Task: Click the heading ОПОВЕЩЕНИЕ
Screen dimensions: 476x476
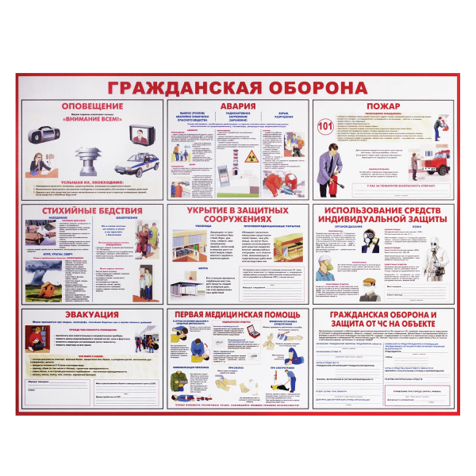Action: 93,106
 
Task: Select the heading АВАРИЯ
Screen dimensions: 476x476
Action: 238,106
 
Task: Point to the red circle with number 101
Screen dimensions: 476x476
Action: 325,127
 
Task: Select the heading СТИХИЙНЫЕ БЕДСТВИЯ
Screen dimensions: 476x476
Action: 93,211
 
